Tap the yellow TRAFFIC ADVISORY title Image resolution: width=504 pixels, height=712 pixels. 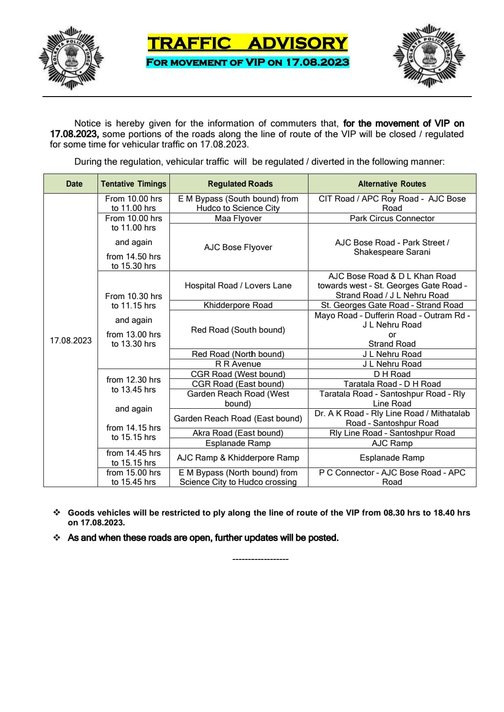click(247, 43)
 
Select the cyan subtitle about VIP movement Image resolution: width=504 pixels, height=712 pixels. click(247, 62)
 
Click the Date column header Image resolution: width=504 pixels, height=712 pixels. click(74, 184)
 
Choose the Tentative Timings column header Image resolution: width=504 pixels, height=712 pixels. click(133, 184)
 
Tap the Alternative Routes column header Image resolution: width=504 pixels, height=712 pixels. click(392, 184)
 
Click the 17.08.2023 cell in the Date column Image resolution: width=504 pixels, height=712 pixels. click(71, 340)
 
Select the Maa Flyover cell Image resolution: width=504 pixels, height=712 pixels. click(238, 218)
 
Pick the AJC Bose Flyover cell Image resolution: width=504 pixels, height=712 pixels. click(238, 247)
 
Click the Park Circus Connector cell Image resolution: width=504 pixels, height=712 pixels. click(392, 218)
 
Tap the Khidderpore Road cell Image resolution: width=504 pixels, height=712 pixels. click(238, 305)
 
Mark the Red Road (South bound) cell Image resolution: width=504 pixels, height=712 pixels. click(238, 330)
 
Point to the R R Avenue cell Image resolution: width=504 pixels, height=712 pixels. click(238, 364)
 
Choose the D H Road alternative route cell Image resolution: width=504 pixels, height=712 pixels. click(392, 374)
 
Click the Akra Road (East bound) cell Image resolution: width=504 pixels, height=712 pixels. click(238, 433)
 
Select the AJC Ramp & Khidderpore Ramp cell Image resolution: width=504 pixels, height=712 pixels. click(238, 458)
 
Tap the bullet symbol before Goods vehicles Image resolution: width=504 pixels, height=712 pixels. click(57, 513)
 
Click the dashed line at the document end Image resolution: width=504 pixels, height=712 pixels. click(260, 559)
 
